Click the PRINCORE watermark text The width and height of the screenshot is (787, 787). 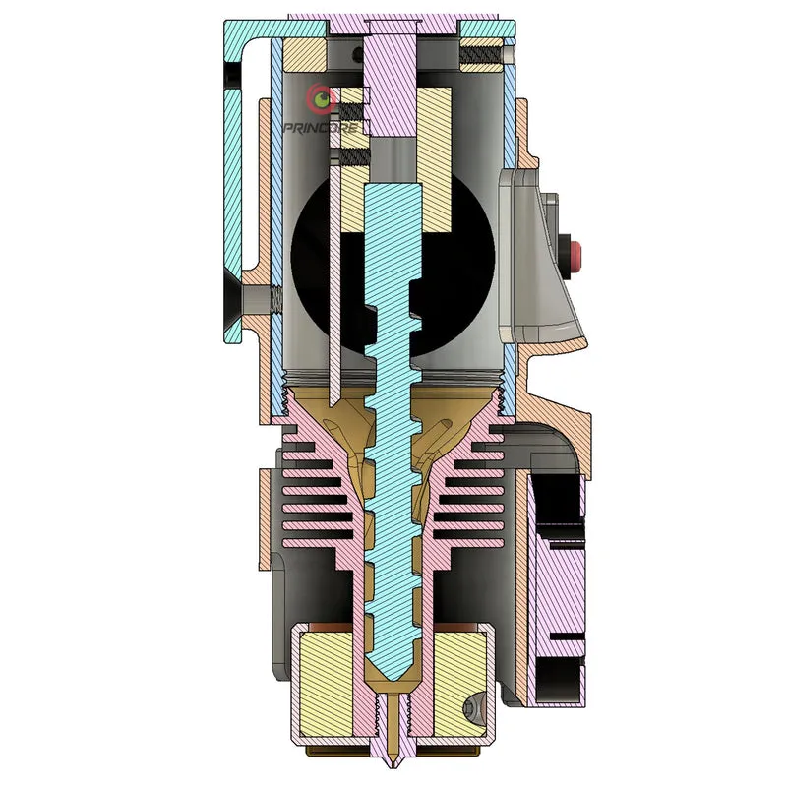click(x=322, y=128)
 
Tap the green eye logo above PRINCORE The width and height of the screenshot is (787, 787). click(x=322, y=98)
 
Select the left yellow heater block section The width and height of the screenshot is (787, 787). click(x=327, y=684)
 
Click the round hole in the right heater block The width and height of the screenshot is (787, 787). click(x=472, y=708)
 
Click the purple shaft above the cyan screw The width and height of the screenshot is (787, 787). click(x=391, y=86)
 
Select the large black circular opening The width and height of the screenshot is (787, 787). click(x=393, y=265)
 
